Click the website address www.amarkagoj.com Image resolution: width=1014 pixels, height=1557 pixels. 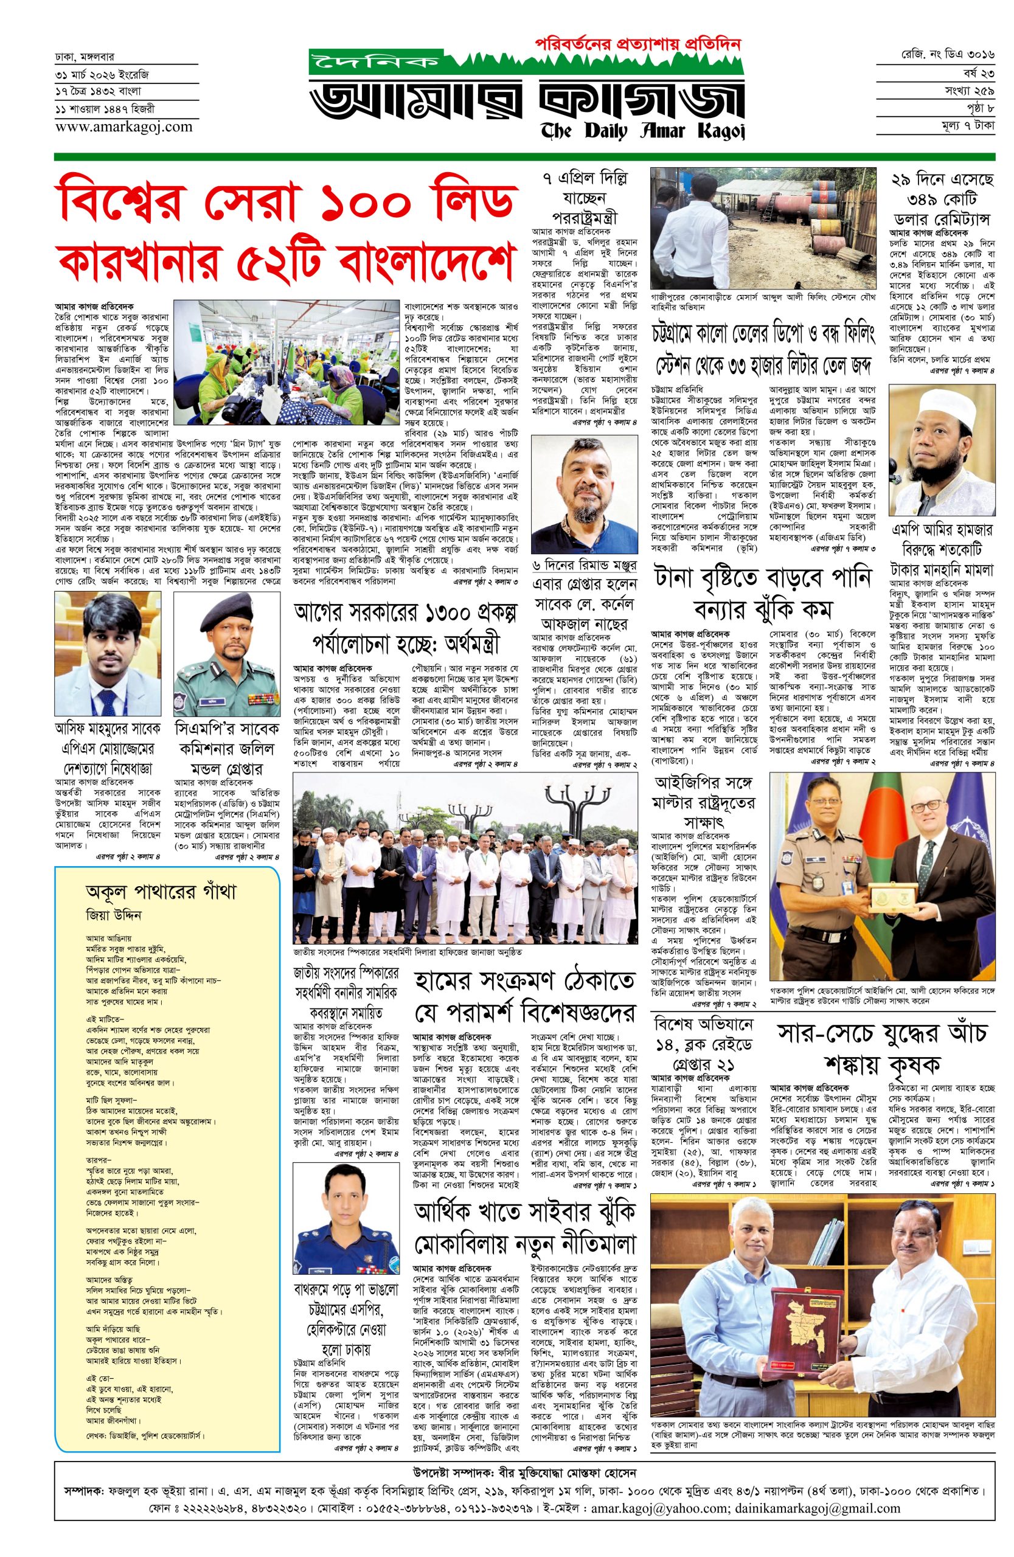click(123, 127)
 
